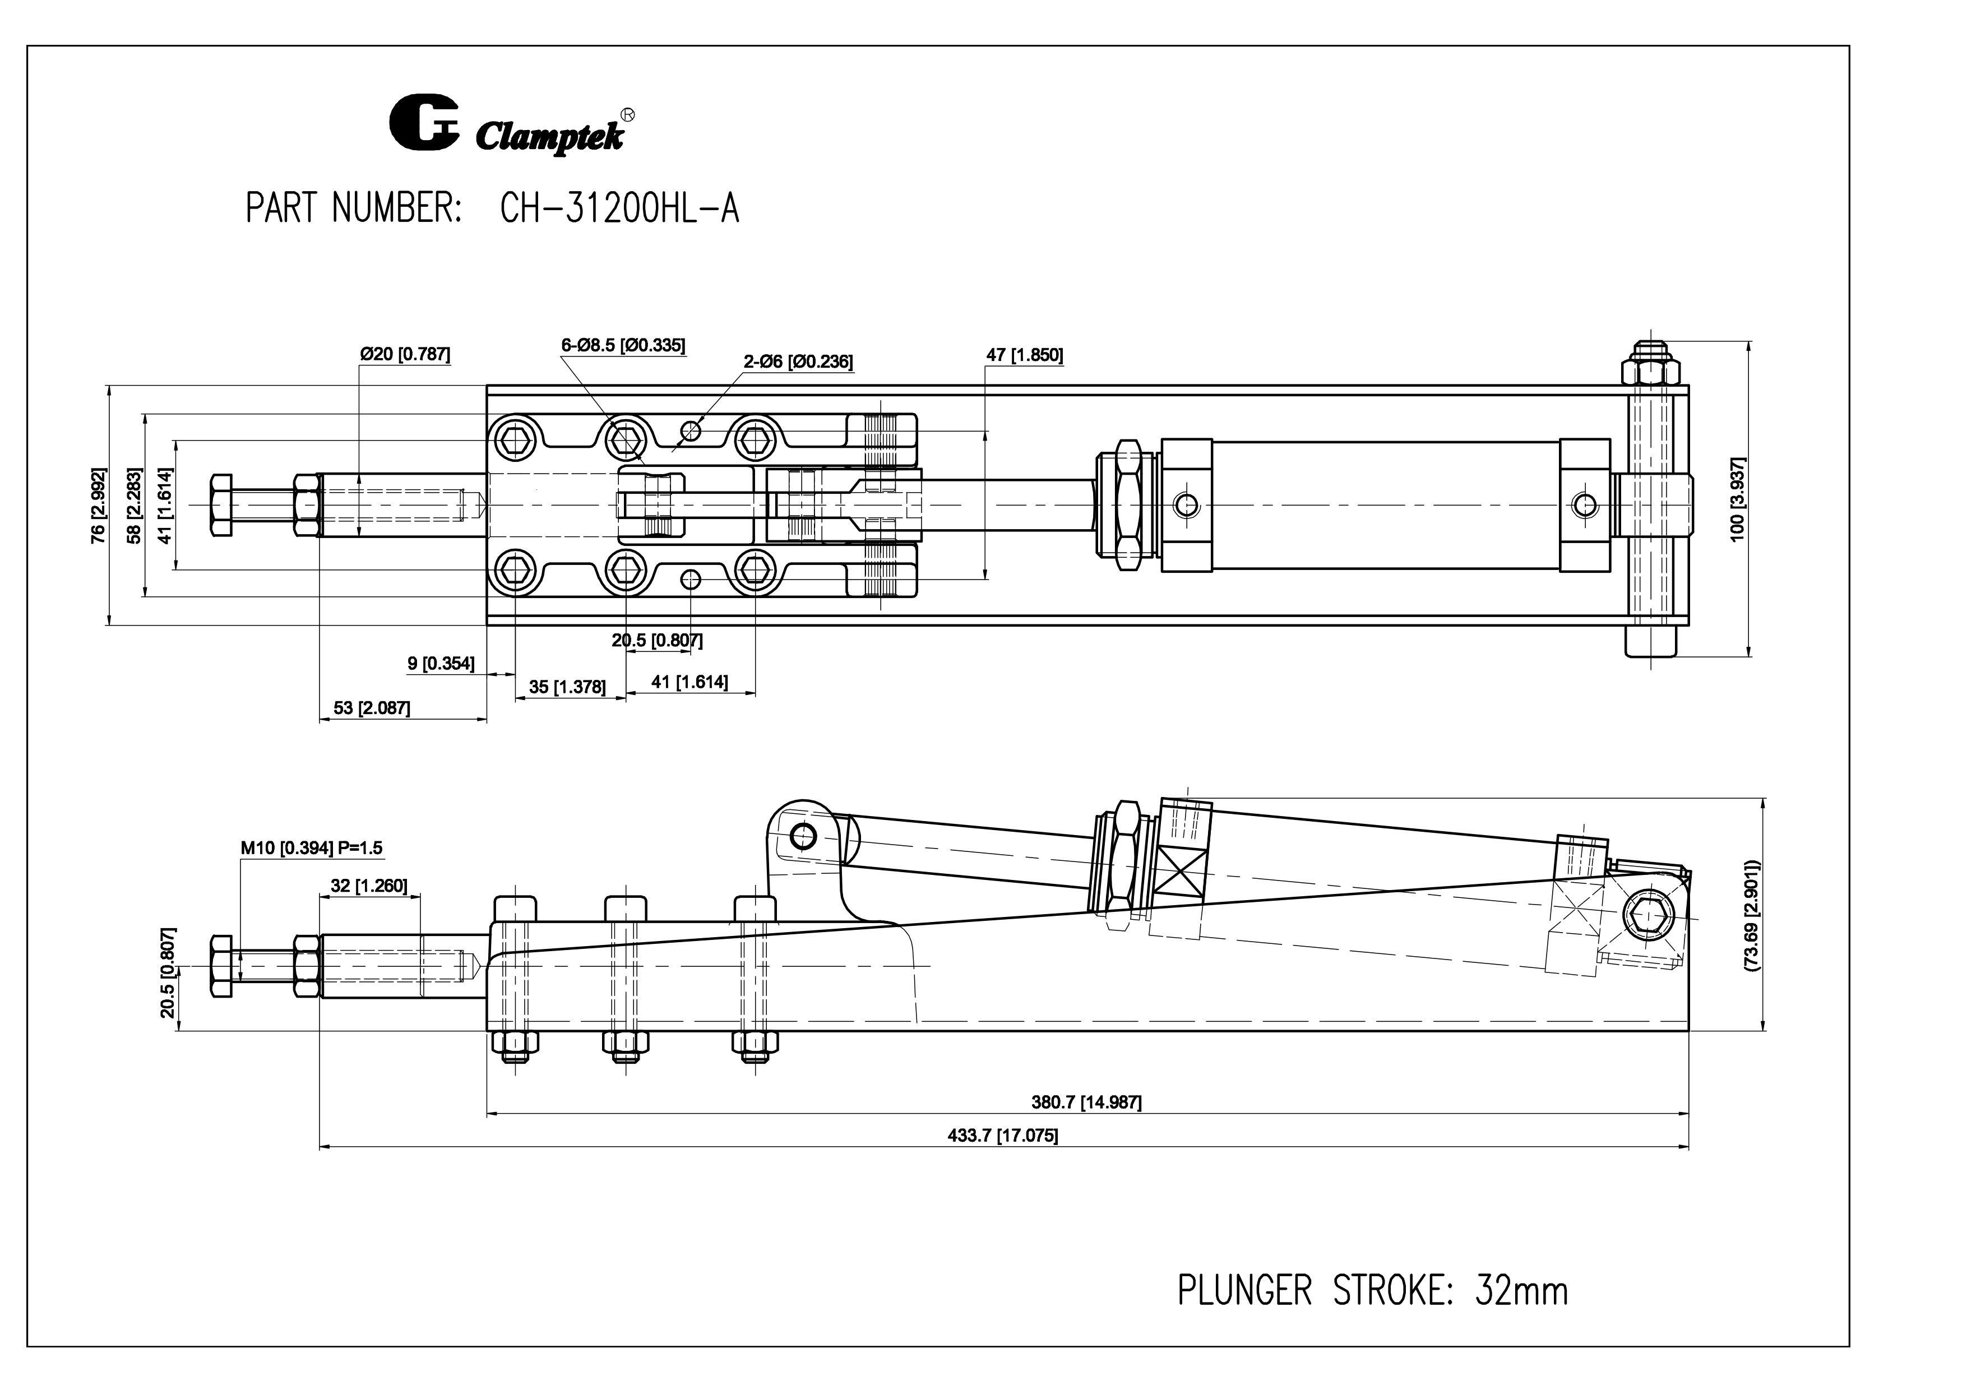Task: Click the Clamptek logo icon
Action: tap(424, 123)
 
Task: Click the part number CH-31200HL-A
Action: tap(618, 208)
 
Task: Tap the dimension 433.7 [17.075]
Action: tap(1002, 1136)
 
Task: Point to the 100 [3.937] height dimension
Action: tap(1737, 498)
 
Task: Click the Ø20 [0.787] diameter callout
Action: tap(404, 354)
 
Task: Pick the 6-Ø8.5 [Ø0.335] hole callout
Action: tap(623, 345)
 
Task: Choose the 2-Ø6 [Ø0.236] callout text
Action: tap(798, 362)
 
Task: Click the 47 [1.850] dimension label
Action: tap(1025, 355)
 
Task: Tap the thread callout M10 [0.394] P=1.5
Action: tap(311, 848)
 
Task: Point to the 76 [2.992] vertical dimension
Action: tap(99, 506)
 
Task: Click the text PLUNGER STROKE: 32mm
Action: tap(1372, 1291)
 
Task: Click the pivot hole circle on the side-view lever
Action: tap(803, 835)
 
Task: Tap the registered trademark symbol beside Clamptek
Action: tap(627, 114)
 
